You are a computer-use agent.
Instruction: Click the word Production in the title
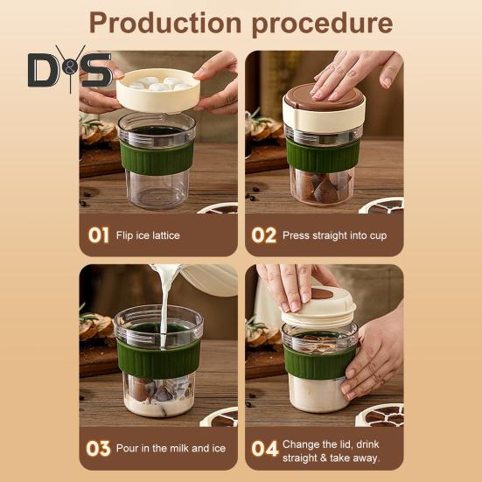coord(165,23)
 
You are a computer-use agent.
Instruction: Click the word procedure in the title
coord(322,24)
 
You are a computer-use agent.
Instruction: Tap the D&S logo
coord(70,69)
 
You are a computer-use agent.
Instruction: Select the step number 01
coord(98,235)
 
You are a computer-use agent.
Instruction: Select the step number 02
coord(264,235)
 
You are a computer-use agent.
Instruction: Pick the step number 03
coord(98,449)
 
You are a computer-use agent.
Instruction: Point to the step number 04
coord(265,449)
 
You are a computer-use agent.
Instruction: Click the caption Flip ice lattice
coord(148,235)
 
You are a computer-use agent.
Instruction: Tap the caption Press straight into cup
coord(334,236)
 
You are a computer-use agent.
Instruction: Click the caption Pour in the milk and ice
coord(171,449)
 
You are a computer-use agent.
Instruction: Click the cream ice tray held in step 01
coord(158,90)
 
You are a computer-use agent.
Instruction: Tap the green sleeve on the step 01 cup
coord(157,157)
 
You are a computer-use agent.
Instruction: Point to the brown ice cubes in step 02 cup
coord(323,187)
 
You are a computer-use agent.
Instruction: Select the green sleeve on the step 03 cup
coord(158,358)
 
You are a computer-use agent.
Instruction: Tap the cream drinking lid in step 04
coord(318,307)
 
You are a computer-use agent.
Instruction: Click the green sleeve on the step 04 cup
coord(317,363)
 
